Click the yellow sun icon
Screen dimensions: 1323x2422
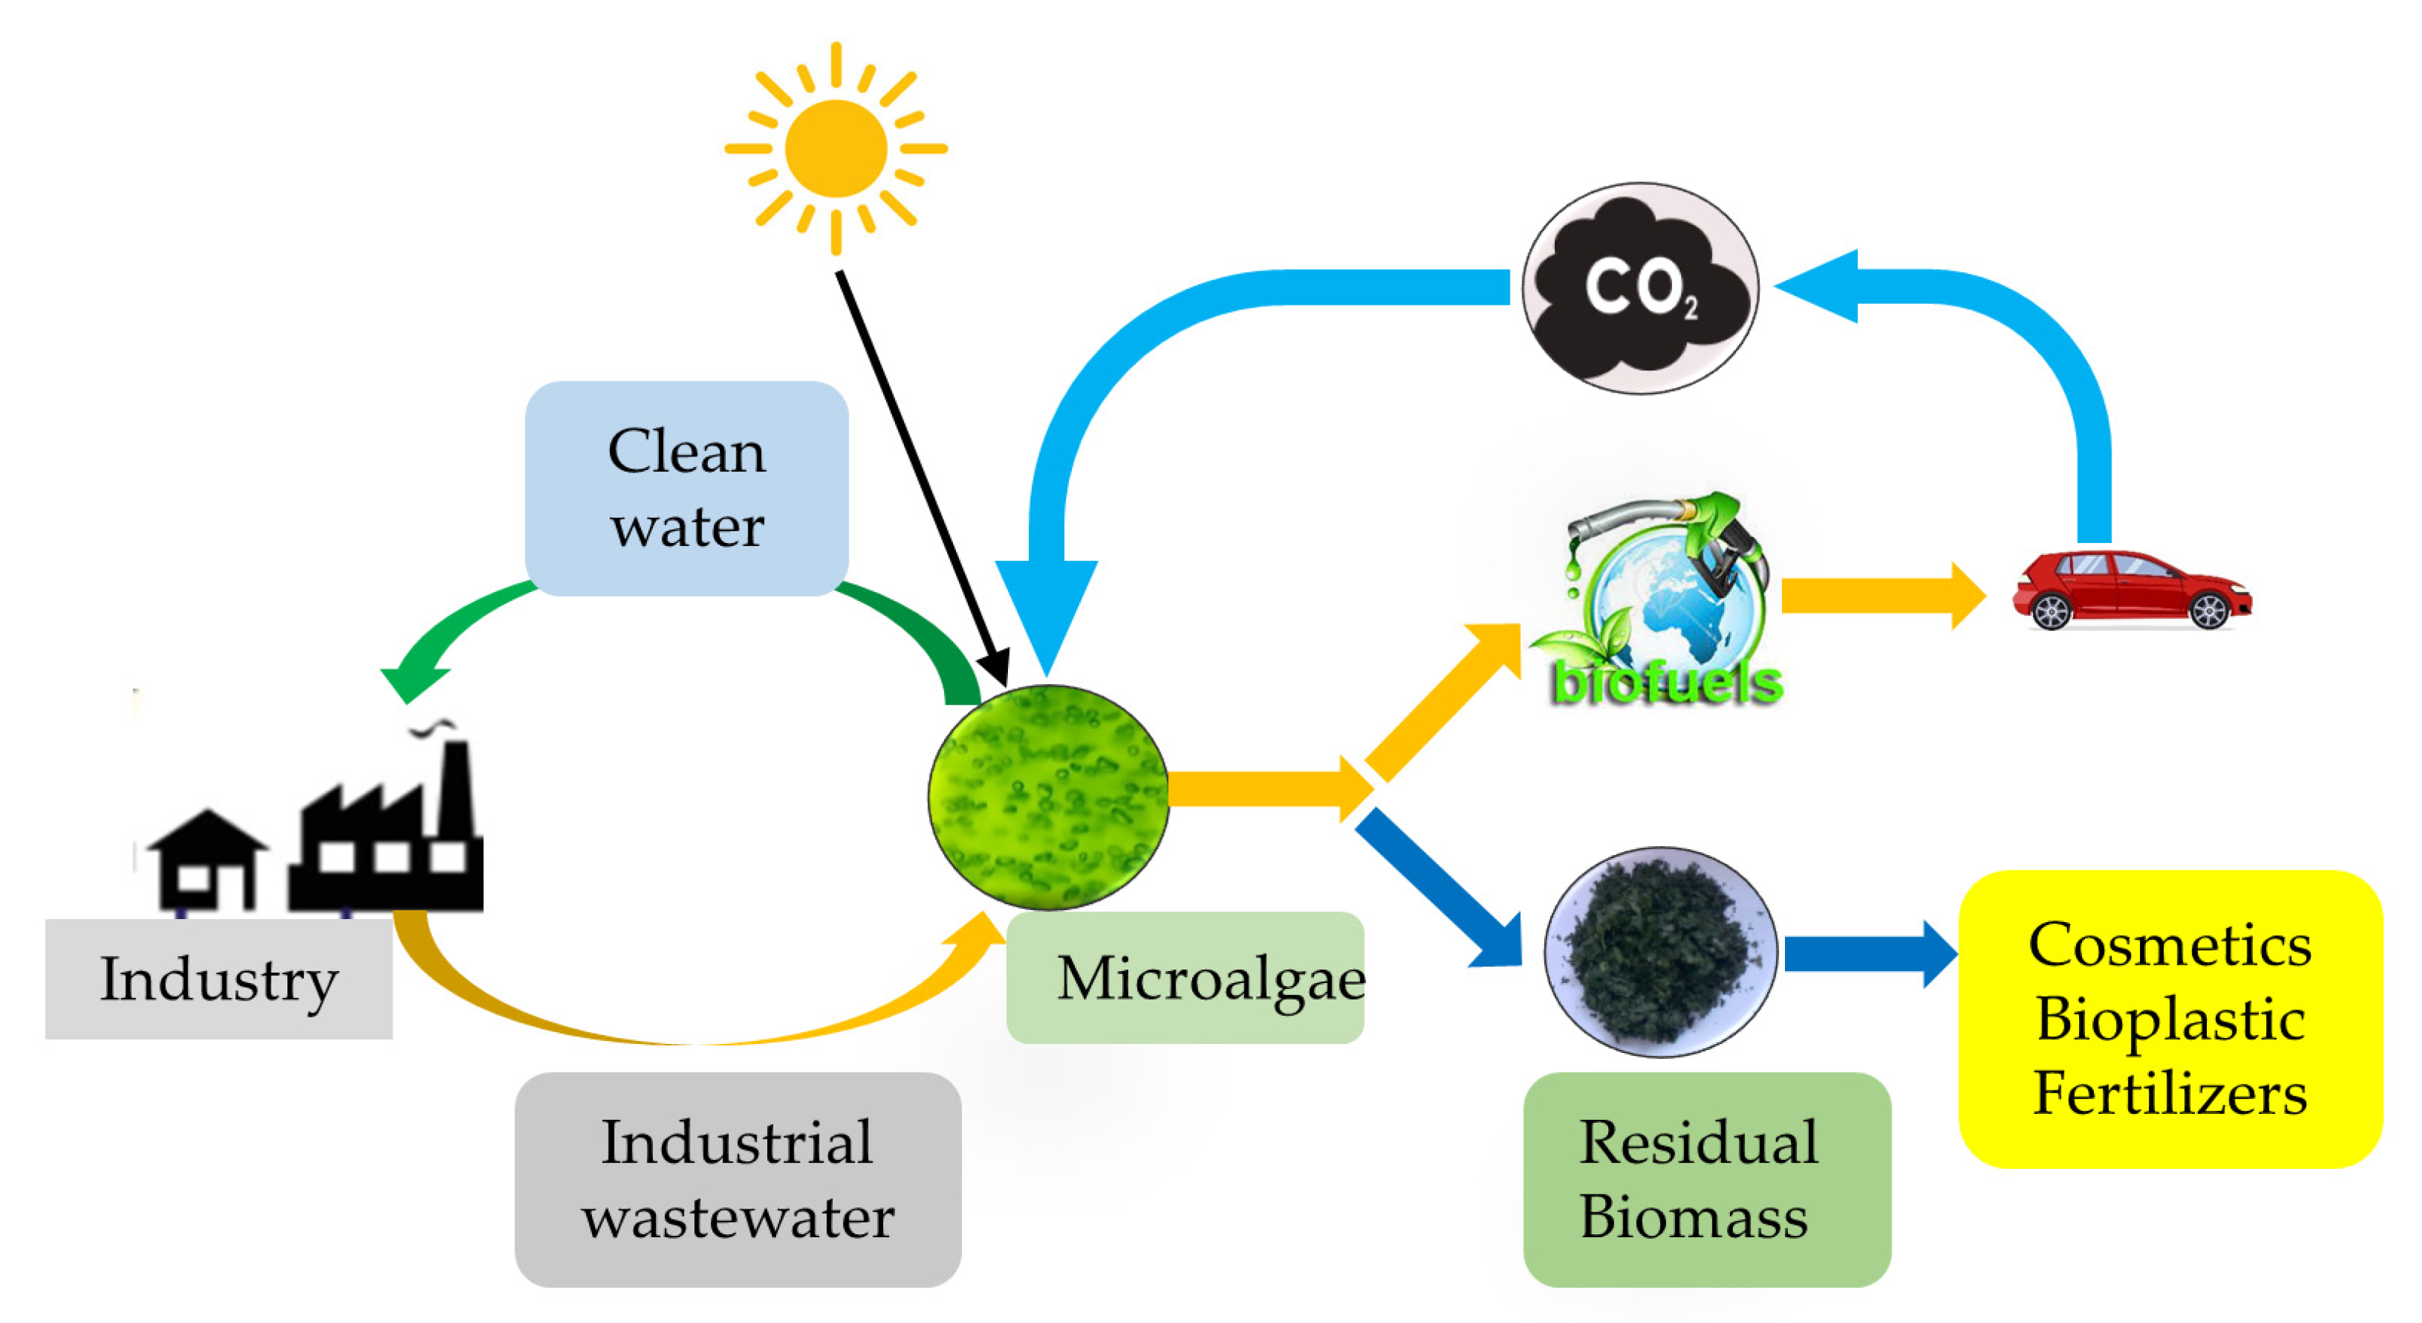[x=836, y=149]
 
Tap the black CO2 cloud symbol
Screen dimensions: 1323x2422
[x=1640, y=289]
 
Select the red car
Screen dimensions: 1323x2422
[x=2130, y=590]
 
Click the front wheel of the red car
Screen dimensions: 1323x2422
[x=2208, y=611]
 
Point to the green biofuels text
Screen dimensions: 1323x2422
[x=1666, y=684]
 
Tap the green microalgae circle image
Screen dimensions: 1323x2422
[x=1049, y=797]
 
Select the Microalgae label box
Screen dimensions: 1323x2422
[x=1185, y=978]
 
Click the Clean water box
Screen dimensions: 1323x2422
[x=686, y=488]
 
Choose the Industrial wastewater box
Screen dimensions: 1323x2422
[x=738, y=1180]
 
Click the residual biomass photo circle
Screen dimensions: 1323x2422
[x=1661, y=951]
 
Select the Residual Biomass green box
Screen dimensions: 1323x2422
[x=1707, y=1180]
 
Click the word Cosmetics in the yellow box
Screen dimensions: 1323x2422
[x=2170, y=945]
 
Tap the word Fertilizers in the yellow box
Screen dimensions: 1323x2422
[x=2170, y=1094]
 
